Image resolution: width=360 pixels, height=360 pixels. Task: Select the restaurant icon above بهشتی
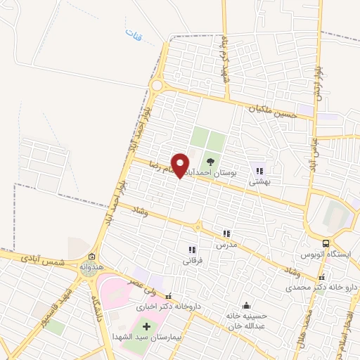click(x=259, y=170)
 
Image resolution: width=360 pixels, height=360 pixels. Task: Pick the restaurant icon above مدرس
click(x=226, y=233)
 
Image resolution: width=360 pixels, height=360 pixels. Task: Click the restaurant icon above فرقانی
click(x=191, y=249)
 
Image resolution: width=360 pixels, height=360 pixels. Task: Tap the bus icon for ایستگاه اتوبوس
click(x=326, y=243)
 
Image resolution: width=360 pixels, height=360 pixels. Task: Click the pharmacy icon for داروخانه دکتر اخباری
click(x=169, y=295)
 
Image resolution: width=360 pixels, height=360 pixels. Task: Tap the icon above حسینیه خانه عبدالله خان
click(x=246, y=306)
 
